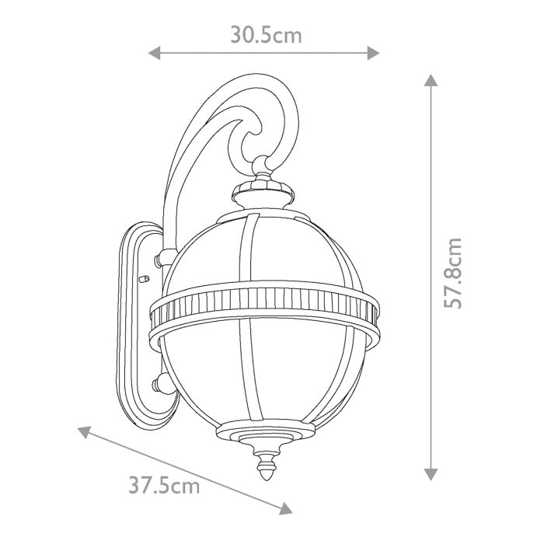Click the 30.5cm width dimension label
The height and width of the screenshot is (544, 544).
(265, 35)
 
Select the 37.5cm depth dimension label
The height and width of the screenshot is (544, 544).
(164, 487)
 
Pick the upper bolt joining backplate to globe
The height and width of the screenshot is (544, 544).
(162, 256)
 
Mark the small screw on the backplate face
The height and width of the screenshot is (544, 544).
(142, 277)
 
